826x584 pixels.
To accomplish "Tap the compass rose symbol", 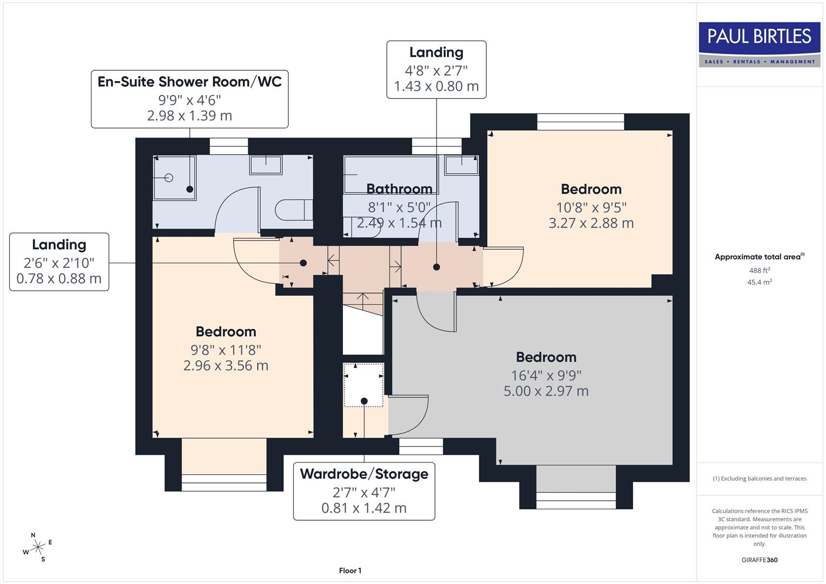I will (x=37, y=547).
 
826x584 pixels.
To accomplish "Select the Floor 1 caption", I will (x=350, y=570).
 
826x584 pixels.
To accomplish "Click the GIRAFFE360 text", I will (x=759, y=560).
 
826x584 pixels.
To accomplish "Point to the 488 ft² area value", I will (x=759, y=270).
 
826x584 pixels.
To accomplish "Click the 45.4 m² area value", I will (x=759, y=282).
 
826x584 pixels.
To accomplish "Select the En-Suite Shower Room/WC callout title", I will (x=189, y=82).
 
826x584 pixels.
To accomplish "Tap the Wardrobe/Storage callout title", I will (x=364, y=474).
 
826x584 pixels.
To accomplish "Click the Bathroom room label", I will (x=399, y=189).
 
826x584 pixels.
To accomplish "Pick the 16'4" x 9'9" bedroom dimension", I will (x=546, y=375).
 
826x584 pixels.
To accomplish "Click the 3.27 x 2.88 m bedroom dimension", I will (x=591, y=223).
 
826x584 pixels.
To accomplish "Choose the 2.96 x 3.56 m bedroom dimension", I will (x=226, y=366).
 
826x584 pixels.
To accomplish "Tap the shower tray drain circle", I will (x=168, y=177).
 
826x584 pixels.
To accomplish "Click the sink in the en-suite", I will (x=266, y=164).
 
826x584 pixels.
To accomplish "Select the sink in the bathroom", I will (x=461, y=165).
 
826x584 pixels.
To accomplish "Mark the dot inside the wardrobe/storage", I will (x=364, y=401).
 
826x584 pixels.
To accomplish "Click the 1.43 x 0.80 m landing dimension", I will (x=436, y=87).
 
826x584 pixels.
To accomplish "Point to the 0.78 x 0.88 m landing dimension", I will (x=59, y=278).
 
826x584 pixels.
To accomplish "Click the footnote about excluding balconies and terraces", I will (x=759, y=479).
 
